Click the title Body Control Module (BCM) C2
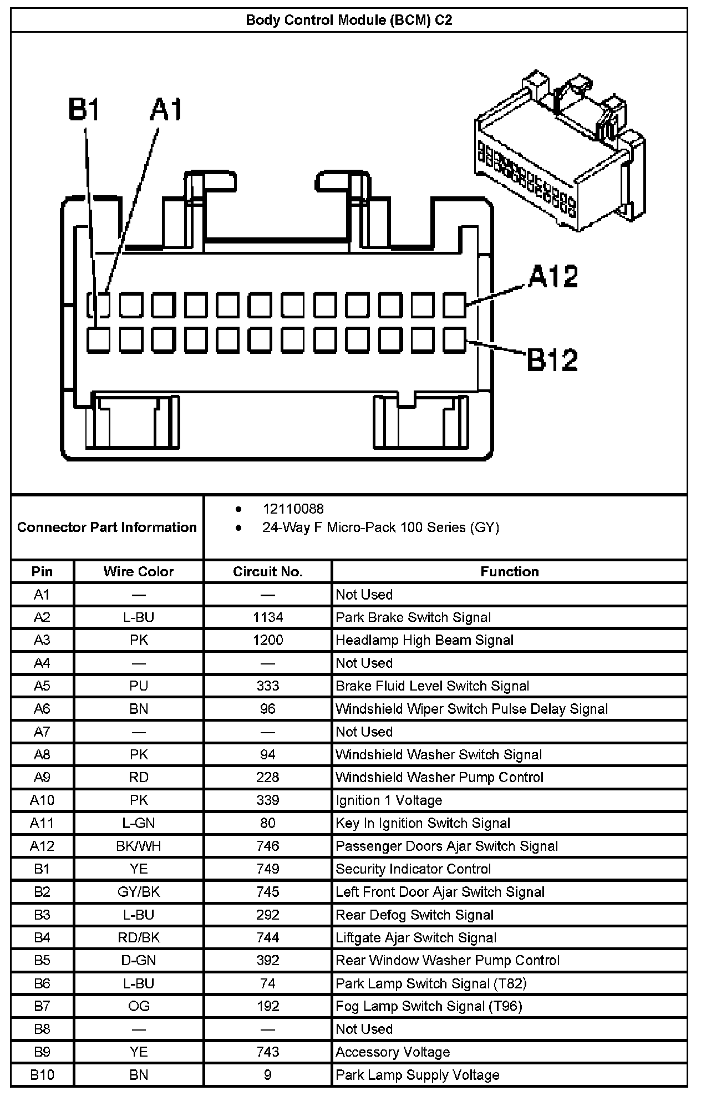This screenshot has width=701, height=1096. point(349,21)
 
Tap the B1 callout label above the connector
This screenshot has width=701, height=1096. point(84,109)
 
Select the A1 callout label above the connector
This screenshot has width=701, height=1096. point(166,109)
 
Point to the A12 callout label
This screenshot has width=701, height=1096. point(552,276)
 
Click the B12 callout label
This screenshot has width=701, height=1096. point(552,359)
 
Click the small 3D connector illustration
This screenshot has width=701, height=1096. point(560,150)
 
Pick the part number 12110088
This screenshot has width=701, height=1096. point(293,509)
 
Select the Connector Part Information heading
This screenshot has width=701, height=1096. point(107,527)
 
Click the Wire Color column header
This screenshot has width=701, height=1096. point(139,572)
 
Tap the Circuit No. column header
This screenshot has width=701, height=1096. point(268,572)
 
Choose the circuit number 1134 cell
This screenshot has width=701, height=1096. point(268,617)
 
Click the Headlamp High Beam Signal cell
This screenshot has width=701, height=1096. point(424,640)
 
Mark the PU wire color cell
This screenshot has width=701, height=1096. point(139,686)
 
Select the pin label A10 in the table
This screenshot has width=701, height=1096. point(42,800)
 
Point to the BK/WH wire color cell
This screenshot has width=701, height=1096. point(139,846)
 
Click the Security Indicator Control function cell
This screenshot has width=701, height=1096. point(413,869)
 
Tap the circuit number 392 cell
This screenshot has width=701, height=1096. point(268,960)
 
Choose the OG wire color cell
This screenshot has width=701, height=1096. point(139,1006)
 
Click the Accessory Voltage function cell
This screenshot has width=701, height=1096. point(393,1052)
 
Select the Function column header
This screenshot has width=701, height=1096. point(509,572)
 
